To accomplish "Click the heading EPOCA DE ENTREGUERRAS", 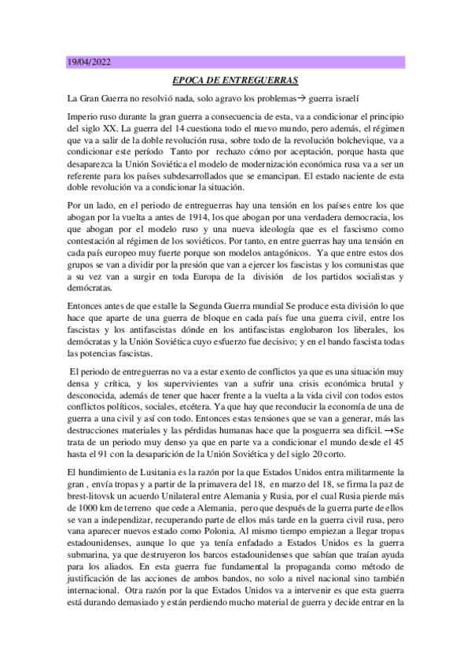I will (x=235, y=80).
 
